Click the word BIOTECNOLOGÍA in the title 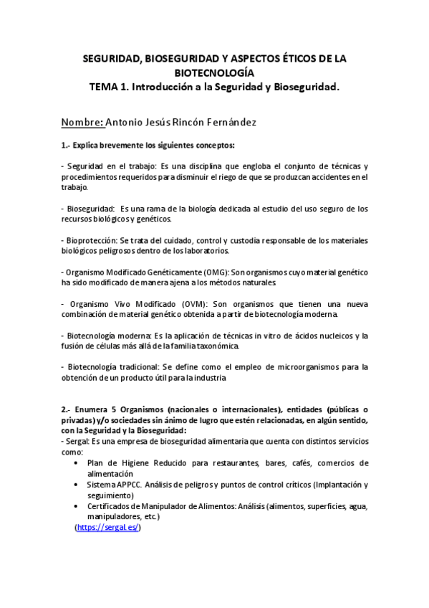click(x=214, y=73)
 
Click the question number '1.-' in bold click(x=66, y=145)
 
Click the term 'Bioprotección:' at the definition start click(x=90, y=240)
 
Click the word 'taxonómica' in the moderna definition click(x=216, y=346)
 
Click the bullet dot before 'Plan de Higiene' click(x=77, y=463)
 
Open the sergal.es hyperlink click(x=107, y=527)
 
